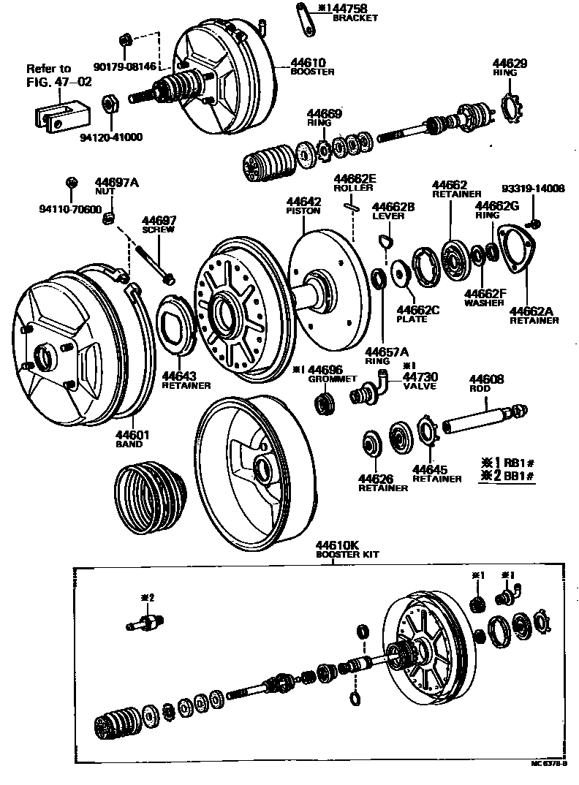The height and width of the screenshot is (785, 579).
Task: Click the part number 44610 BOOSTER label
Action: (x=310, y=67)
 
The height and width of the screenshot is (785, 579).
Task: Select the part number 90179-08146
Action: (x=124, y=66)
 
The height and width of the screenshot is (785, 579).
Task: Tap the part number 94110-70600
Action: (x=71, y=209)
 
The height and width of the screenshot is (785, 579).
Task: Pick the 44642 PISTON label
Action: (x=303, y=205)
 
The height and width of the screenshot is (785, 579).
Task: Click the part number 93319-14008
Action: (x=537, y=188)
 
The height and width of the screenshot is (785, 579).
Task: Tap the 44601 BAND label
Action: (x=132, y=439)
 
